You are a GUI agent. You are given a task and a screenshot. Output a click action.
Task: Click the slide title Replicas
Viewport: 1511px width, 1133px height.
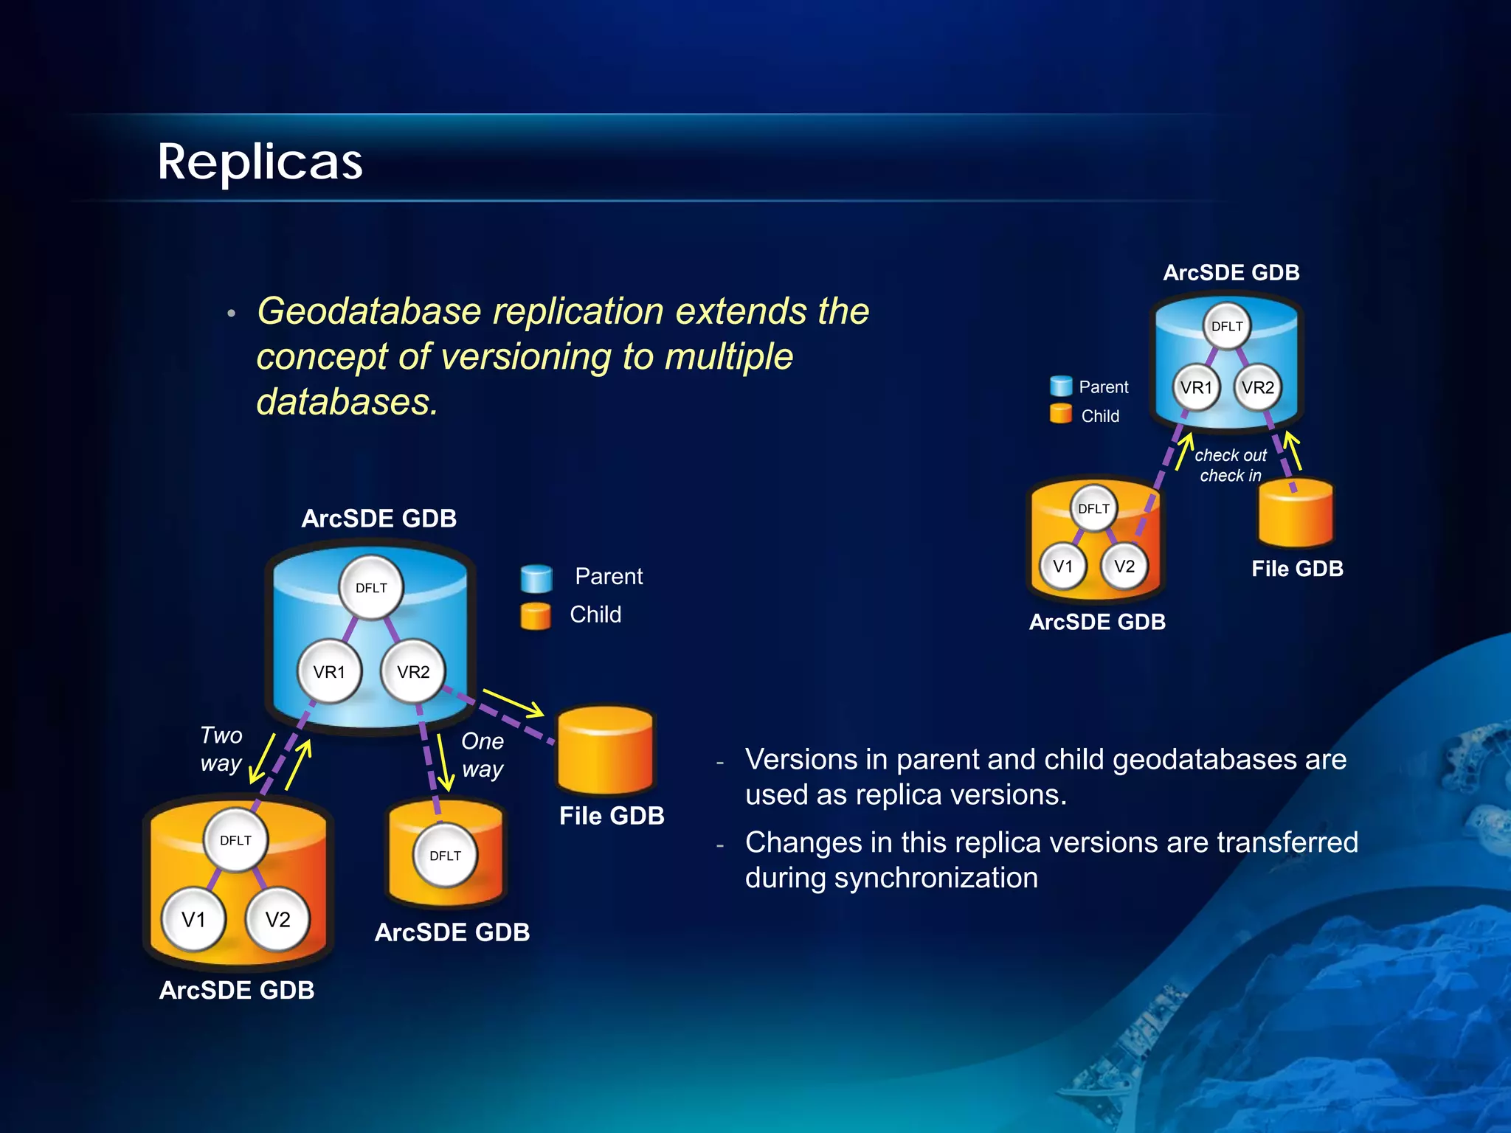coord(260,162)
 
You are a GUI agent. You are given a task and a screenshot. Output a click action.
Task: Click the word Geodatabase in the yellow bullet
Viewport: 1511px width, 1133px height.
coord(369,311)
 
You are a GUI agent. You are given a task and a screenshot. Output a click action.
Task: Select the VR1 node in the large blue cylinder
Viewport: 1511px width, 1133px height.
coord(329,672)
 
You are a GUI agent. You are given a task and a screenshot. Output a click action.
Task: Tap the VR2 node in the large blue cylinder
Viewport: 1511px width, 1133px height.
coord(413,672)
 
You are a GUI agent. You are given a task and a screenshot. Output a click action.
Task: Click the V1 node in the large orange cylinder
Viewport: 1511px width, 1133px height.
coord(193,920)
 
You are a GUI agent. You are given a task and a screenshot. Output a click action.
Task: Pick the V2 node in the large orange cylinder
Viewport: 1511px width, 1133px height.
coord(277,920)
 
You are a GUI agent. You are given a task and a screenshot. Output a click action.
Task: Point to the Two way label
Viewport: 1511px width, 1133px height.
coord(221,749)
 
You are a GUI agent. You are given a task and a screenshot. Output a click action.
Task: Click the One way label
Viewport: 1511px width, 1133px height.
coord(483,755)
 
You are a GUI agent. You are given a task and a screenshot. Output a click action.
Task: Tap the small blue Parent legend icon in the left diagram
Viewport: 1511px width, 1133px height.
coord(536,579)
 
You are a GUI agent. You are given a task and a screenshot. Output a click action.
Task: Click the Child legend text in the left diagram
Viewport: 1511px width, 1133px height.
coord(595,614)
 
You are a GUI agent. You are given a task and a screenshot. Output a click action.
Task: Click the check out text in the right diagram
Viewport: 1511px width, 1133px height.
coord(1230,455)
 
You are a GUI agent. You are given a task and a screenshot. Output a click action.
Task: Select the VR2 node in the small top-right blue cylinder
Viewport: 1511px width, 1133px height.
coord(1257,387)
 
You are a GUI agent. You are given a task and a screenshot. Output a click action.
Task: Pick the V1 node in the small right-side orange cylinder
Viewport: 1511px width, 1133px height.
coord(1062,566)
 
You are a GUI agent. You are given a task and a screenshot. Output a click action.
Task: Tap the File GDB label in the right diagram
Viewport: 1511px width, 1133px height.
coord(1297,569)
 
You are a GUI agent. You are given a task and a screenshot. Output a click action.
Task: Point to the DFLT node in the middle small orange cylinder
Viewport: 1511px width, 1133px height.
coord(445,856)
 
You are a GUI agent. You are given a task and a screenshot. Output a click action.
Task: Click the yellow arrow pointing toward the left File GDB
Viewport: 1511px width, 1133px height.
coord(514,702)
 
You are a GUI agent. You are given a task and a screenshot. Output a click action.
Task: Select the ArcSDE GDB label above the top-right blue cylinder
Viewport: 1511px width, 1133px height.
coord(1231,273)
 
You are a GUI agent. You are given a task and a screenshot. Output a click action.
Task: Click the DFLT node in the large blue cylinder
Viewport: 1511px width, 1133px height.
coord(371,588)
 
